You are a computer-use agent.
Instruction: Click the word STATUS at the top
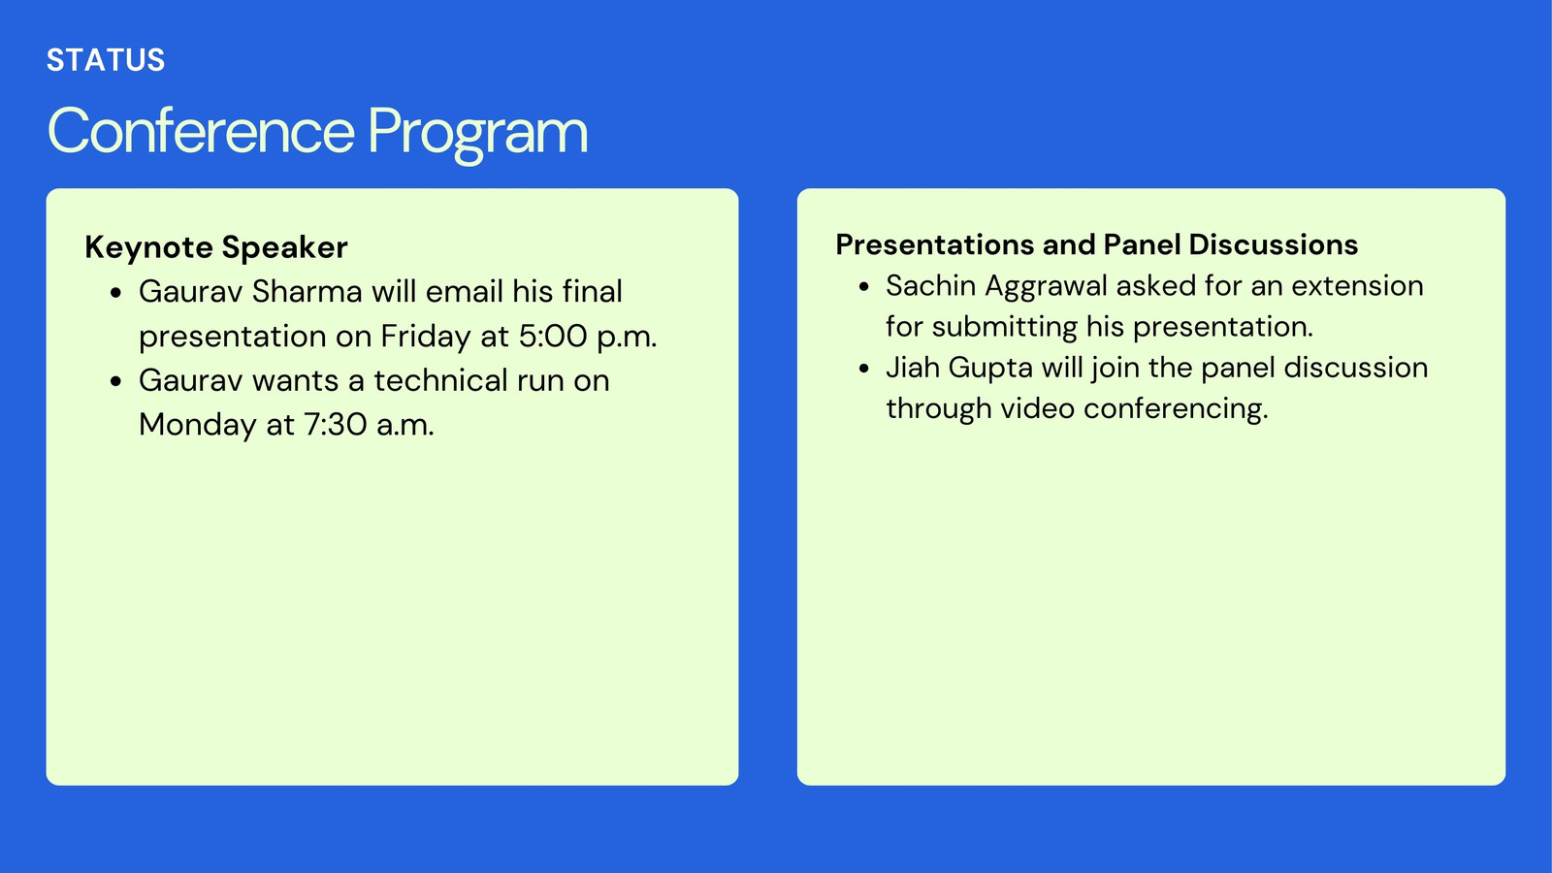click(x=106, y=60)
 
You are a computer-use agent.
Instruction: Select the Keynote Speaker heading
click(x=216, y=247)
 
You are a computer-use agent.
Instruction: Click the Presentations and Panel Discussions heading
click(x=1097, y=244)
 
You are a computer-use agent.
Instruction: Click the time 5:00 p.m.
click(x=588, y=337)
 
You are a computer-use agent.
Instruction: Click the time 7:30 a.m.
click(x=369, y=425)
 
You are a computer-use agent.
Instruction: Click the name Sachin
click(x=931, y=286)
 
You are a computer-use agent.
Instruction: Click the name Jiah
click(x=912, y=368)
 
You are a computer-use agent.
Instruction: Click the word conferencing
click(x=1176, y=409)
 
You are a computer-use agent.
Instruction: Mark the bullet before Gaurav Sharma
click(x=116, y=293)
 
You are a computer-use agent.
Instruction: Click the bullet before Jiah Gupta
click(x=863, y=369)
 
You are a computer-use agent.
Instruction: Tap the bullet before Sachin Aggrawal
click(x=863, y=287)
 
